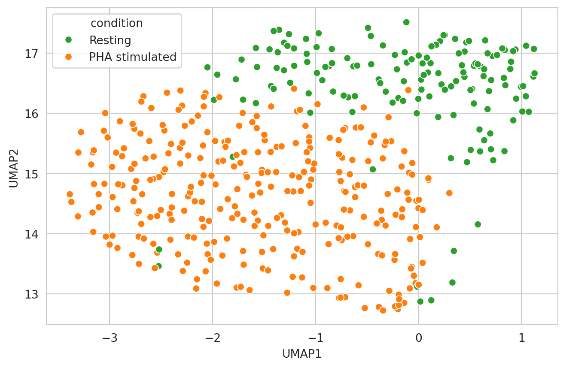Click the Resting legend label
(x=110, y=41)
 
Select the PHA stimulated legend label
(x=133, y=57)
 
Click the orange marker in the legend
(x=68, y=57)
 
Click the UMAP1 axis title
(x=302, y=354)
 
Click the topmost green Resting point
(x=406, y=22)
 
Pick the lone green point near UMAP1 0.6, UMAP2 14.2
(x=478, y=224)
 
